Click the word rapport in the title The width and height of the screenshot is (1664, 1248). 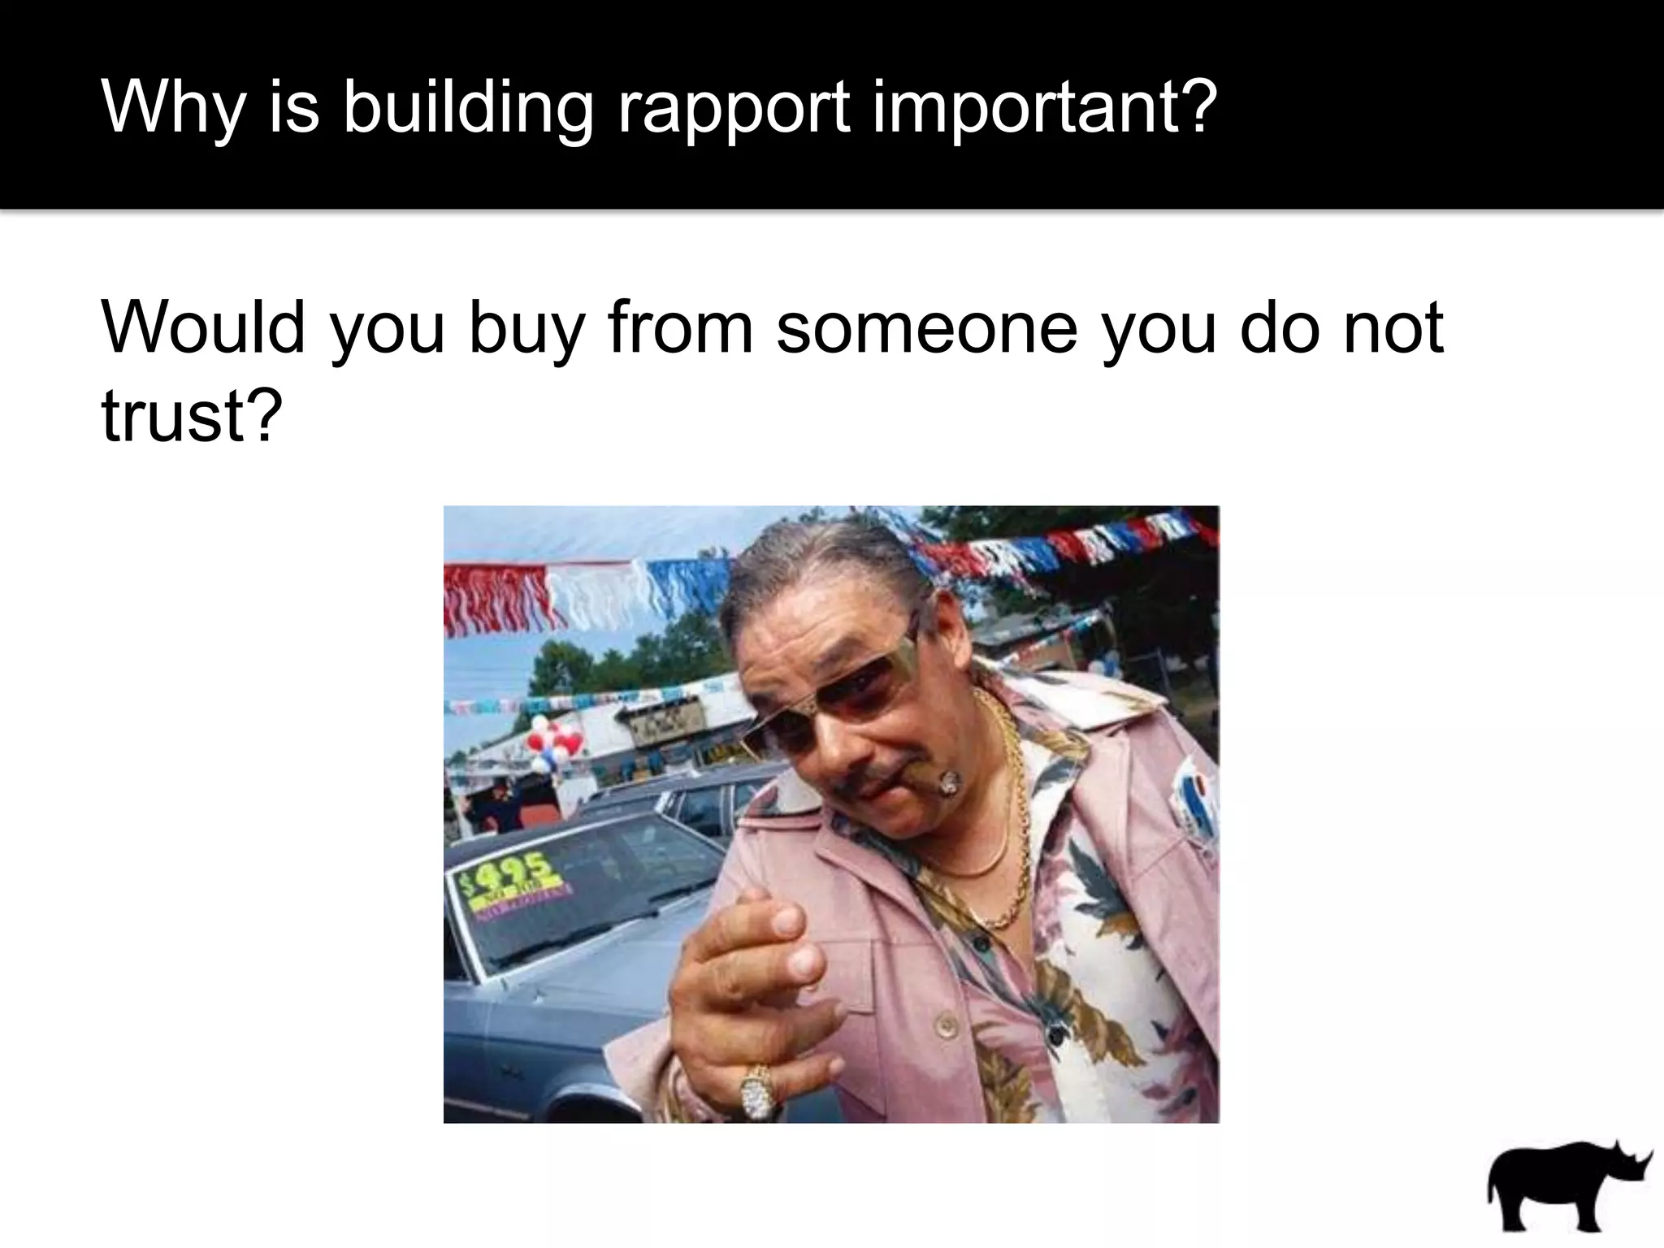click(x=733, y=109)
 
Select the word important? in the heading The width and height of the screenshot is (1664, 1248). click(x=1045, y=109)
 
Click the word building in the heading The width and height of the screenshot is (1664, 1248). click(x=467, y=109)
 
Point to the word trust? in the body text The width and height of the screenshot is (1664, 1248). click(x=192, y=414)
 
